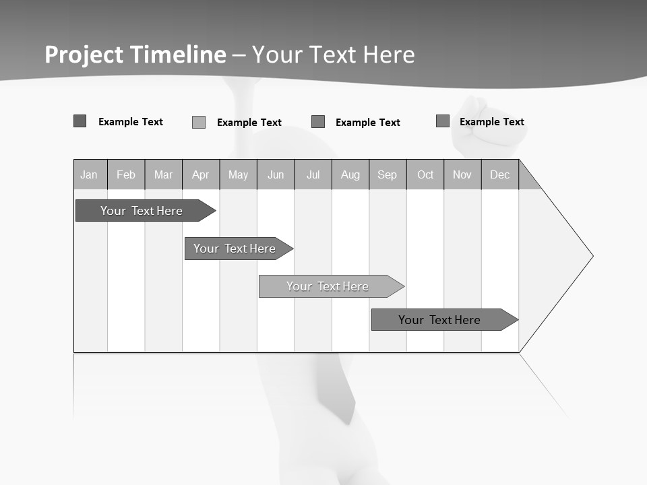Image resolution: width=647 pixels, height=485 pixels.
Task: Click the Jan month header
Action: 89,175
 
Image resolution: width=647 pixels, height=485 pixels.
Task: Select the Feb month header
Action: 126,175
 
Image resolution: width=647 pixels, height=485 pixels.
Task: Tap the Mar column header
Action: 163,175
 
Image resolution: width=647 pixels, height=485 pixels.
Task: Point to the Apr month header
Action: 200,175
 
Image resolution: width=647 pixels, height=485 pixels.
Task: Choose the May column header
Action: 238,175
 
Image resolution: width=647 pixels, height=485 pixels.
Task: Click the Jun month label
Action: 276,175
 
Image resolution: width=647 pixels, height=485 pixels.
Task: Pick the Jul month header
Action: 313,175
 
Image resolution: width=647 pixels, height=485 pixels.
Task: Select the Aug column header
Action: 350,175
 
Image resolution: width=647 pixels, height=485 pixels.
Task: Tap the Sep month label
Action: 388,175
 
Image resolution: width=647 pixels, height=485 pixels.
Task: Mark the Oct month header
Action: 425,175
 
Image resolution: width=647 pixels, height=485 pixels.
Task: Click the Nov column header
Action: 462,175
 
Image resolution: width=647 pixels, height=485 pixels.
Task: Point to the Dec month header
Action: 500,175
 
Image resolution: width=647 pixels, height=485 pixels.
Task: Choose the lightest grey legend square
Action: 199,122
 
